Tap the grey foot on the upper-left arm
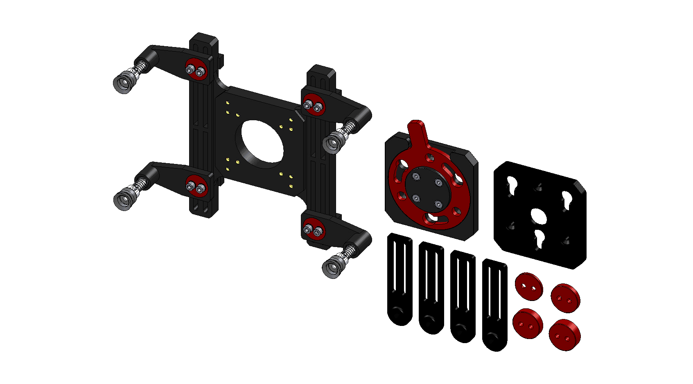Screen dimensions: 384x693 [123, 83]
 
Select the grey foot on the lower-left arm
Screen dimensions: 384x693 [123, 200]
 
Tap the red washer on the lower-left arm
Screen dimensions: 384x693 [196, 186]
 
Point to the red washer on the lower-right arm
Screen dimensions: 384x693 [314, 229]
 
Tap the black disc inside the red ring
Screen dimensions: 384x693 [427, 191]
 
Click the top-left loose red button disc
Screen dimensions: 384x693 [528, 286]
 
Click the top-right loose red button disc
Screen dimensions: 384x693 [565, 298]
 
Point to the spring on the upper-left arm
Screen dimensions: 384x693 [141, 67]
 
